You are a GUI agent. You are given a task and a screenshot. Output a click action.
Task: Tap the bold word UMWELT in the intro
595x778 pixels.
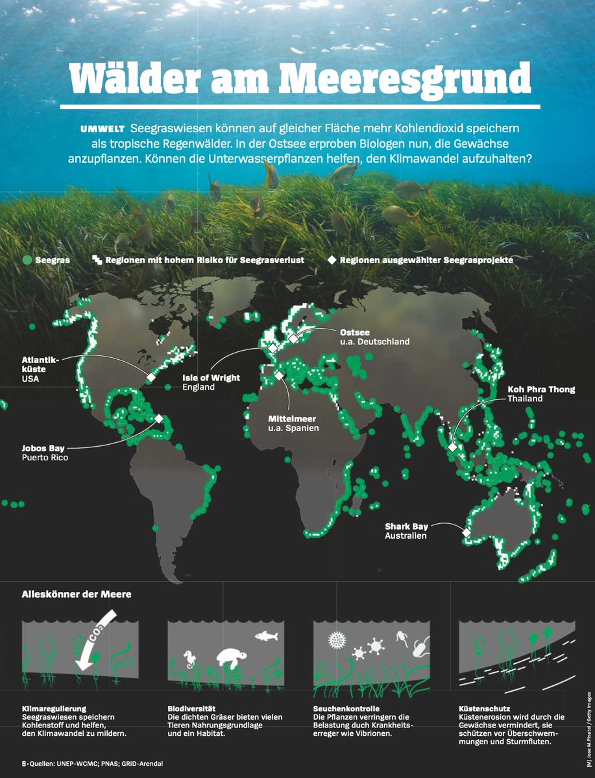(x=103, y=128)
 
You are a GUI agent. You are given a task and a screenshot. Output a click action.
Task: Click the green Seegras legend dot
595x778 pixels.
(x=27, y=260)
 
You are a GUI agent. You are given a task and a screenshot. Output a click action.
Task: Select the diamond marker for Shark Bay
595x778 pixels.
(x=466, y=532)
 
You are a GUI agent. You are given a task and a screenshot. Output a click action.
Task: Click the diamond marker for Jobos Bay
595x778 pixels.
(x=158, y=419)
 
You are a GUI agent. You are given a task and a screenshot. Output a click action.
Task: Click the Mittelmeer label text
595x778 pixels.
(x=292, y=418)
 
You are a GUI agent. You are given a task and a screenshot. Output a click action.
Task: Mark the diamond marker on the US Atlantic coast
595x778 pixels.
(x=151, y=377)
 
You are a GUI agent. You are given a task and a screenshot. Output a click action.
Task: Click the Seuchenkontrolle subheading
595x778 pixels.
(x=346, y=709)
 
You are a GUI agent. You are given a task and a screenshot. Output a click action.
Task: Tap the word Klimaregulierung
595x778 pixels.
(x=54, y=709)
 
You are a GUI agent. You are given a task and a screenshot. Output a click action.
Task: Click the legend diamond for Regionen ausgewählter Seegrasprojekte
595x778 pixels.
(x=332, y=260)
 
